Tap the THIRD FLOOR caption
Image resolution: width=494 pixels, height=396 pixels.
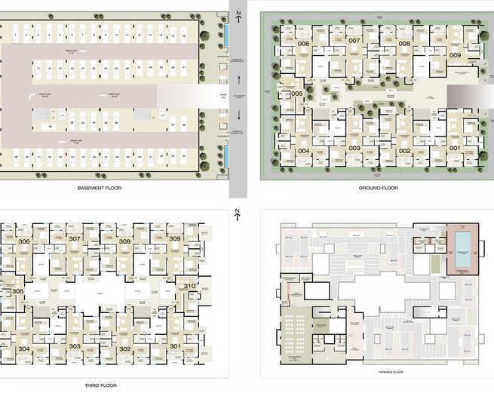[x=100, y=385]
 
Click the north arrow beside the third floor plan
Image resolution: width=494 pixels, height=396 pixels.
[x=237, y=213]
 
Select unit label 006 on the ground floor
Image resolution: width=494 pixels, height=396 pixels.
[x=304, y=44]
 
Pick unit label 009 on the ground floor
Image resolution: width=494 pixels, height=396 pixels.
[x=455, y=55]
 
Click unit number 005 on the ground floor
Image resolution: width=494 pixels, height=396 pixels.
[x=296, y=94]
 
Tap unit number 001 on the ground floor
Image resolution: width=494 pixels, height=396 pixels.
[x=455, y=148]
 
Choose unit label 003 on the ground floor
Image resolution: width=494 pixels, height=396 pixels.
[x=354, y=148]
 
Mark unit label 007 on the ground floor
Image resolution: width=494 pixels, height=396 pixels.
[x=354, y=40]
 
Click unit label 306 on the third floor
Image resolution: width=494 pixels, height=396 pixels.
[x=24, y=241]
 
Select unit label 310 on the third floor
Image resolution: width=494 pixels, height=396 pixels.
[x=189, y=286]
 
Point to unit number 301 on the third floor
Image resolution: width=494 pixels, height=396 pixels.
[x=175, y=347]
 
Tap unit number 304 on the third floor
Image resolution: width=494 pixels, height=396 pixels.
[x=24, y=348]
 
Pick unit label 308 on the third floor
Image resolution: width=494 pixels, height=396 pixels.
[x=124, y=241]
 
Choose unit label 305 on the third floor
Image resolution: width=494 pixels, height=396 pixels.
[x=18, y=291]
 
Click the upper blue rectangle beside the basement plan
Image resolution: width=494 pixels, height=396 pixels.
[x=226, y=34]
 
